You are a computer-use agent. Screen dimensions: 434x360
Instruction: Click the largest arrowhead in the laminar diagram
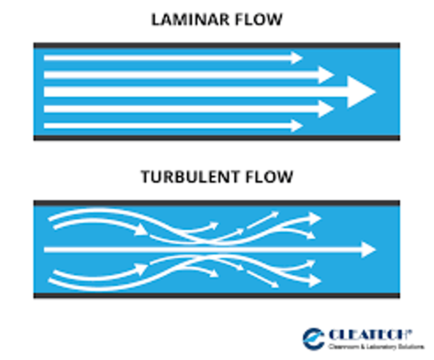point(360,91)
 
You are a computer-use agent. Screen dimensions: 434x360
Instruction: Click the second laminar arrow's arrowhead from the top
point(327,75)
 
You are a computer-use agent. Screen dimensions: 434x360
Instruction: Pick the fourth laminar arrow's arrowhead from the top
point(327,109)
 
